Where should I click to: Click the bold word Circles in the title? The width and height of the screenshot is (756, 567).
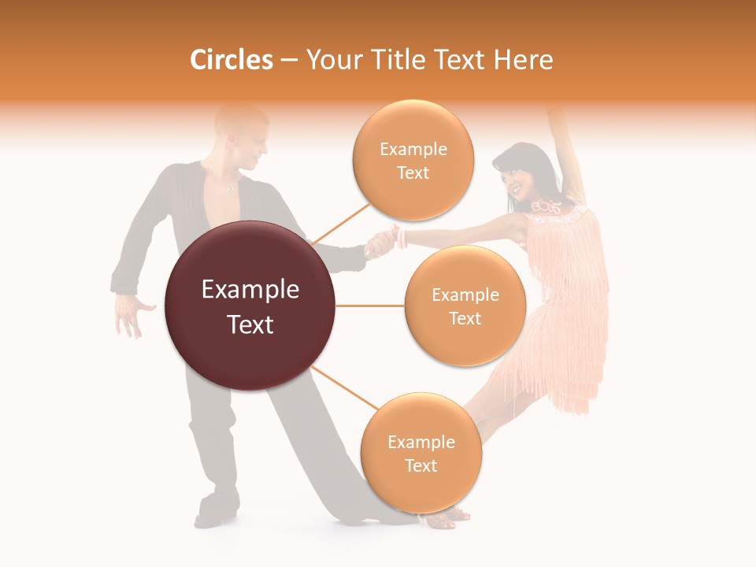coord(232,60)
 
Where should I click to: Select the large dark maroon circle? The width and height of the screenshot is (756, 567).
coord(250,306)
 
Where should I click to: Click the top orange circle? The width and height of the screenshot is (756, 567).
coord(413,160)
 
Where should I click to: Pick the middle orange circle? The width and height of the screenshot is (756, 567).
coord(465,306)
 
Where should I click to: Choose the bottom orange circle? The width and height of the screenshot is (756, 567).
coord(421,453)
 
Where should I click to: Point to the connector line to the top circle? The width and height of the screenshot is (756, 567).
coord(341,224)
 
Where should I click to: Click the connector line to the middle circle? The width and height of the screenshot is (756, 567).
coord(369,306)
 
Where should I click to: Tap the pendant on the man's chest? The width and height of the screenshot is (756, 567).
coord(229,189)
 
